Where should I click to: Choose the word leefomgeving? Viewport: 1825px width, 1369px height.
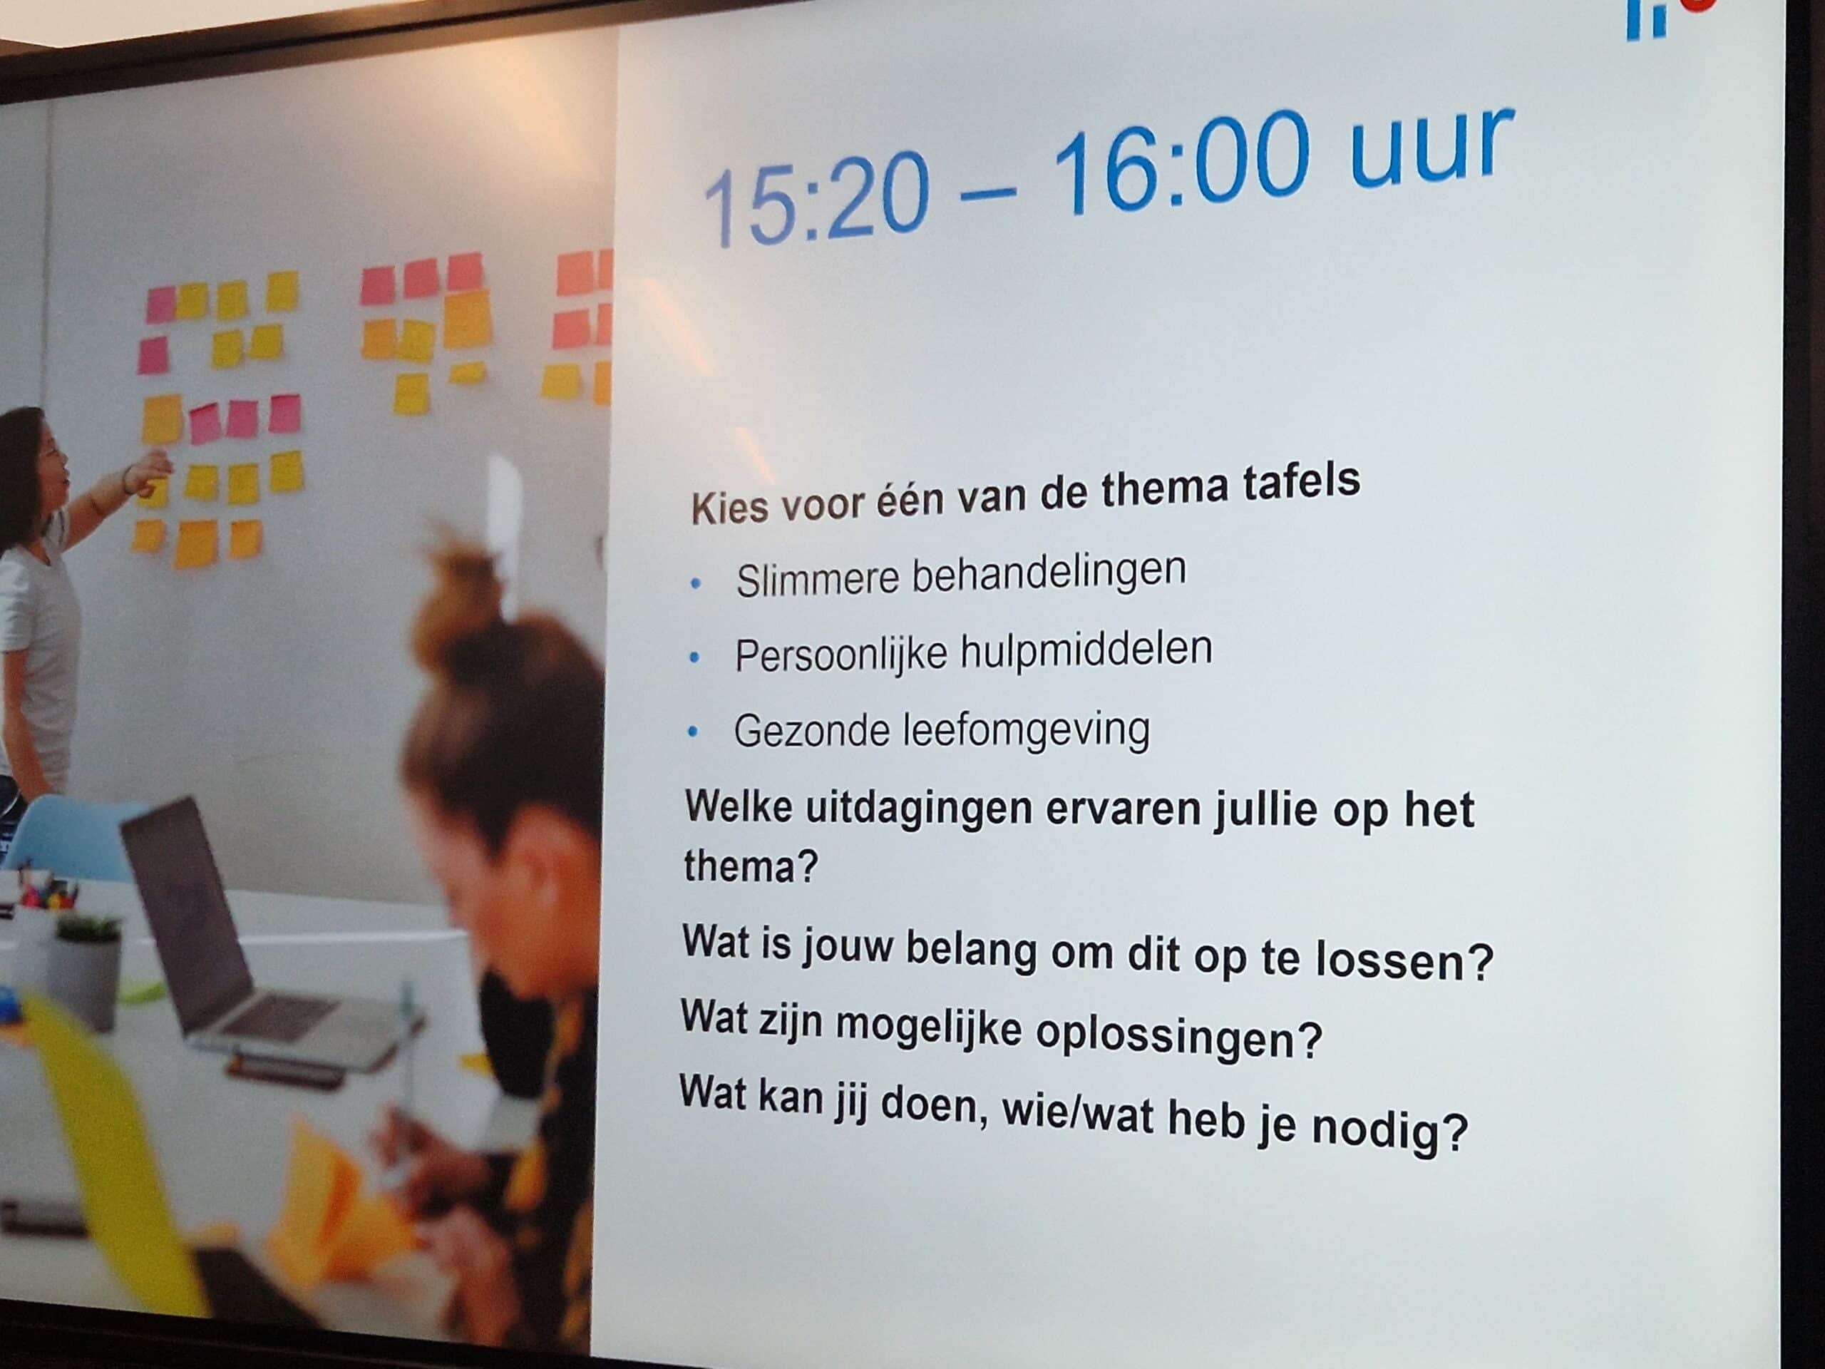[1027, 730]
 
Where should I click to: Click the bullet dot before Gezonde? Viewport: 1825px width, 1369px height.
[693, 731]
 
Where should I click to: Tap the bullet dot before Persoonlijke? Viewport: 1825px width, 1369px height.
[694, 657]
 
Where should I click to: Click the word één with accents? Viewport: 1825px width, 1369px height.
[909, 499]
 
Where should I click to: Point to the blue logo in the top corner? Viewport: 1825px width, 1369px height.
[1647, 18]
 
